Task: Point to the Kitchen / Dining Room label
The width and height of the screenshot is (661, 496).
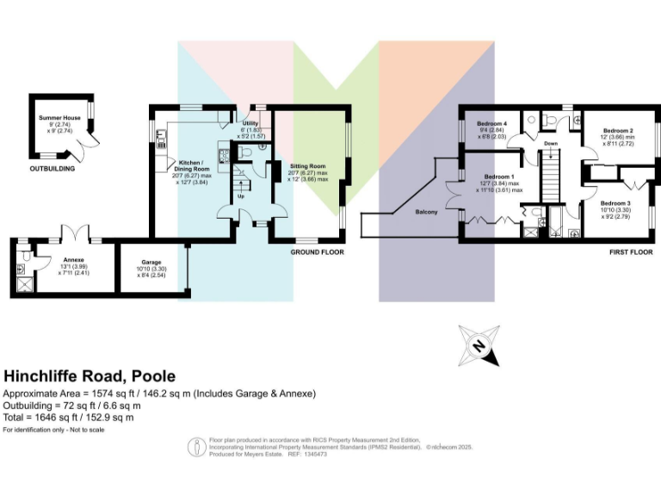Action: coord(191,162)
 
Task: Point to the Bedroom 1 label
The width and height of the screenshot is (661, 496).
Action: coord(499,177)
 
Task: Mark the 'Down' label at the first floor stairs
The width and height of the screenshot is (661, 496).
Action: coord(551,143)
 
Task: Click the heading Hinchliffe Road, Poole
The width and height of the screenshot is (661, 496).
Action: coord(90,376)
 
